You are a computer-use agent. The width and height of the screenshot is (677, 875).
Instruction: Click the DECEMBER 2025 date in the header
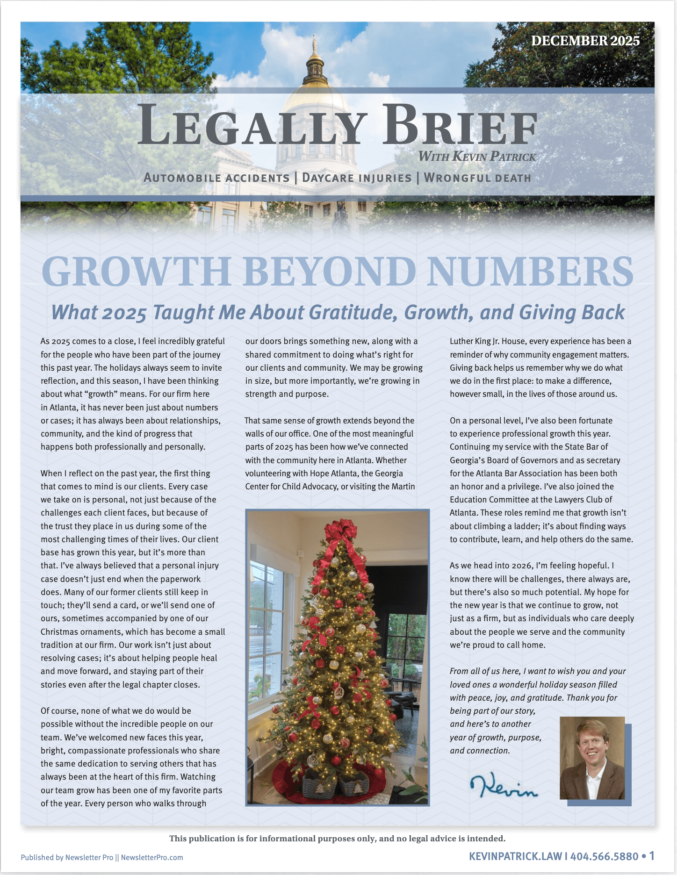585,41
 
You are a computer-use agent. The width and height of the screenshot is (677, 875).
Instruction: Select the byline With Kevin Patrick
477,157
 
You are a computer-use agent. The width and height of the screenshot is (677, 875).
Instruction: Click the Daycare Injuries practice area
357,178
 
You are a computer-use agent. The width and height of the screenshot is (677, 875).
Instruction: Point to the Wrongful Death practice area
477,178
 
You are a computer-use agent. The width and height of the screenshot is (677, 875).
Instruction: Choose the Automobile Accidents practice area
216,178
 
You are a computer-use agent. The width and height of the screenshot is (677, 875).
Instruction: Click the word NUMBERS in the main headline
531,272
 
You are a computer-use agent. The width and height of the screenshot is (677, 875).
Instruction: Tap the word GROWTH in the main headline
136,272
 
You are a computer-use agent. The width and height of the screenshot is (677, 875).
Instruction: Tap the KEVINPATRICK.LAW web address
515,856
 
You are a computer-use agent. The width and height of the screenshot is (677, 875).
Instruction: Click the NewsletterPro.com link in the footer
152,857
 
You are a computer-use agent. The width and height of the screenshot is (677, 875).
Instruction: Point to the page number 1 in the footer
652,856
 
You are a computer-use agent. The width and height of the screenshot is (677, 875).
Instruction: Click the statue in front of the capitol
341,216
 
